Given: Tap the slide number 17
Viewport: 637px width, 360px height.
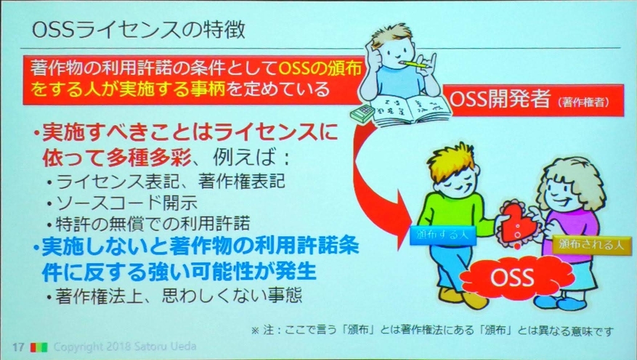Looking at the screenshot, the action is (x=18, y=348).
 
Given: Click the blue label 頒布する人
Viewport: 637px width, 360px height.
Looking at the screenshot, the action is (x=442, y=235).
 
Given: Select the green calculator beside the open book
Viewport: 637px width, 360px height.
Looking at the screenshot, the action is (x=362, y=113).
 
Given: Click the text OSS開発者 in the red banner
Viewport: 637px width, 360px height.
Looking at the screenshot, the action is (x=500, y=99).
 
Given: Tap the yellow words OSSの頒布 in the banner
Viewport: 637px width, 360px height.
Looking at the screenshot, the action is (x=320, y=68).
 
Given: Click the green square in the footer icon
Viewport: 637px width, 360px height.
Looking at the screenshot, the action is (x=43, y=348).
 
